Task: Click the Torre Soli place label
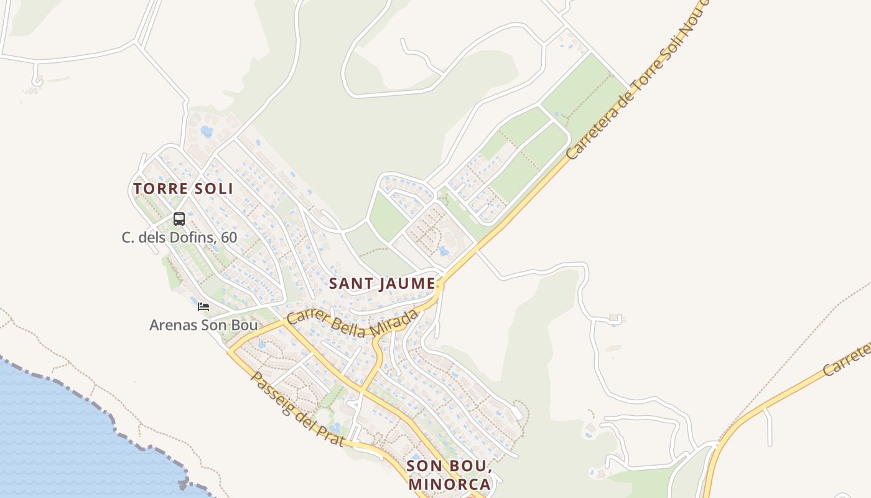pos(183,188)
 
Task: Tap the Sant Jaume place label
pos(381,283)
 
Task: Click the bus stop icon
pos(179,218)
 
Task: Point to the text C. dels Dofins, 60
pos(179,237)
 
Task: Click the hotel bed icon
pos(203,306)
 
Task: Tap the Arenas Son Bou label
pos(203,325)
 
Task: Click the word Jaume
pos(404,283)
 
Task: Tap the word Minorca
pos(449,484)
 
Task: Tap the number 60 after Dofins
pos(229,237)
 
